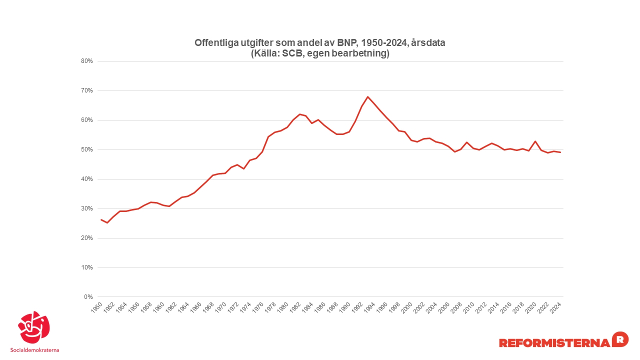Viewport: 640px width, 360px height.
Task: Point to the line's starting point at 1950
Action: click(x=101, y=219)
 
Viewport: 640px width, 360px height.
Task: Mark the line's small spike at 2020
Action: click(x=535, y=141)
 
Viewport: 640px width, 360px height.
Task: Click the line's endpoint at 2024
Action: click(x=560, y=152)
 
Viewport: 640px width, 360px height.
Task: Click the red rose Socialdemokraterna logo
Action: click(x=34, y=328)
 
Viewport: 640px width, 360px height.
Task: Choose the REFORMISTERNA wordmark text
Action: click(x=554, y=342)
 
